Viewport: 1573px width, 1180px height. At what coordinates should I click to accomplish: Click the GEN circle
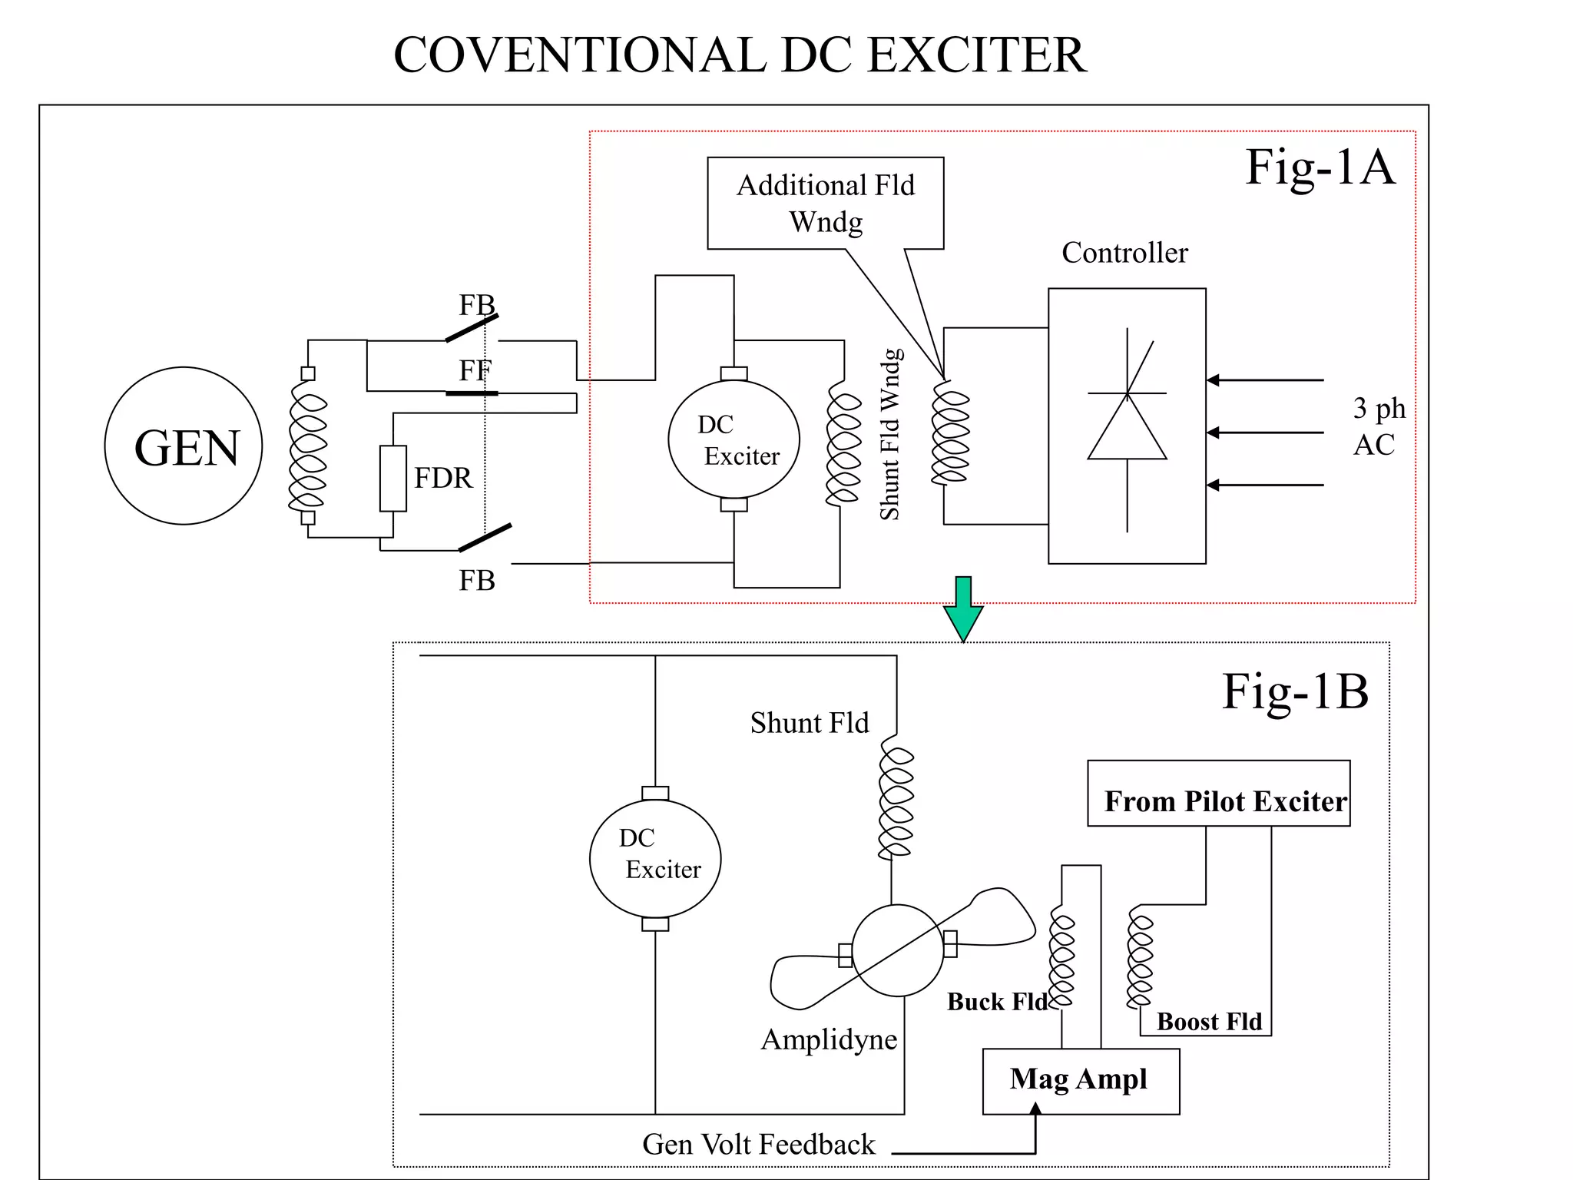183,446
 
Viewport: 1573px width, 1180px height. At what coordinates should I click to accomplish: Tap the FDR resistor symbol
392,478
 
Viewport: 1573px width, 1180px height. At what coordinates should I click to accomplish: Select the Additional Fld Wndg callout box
825,203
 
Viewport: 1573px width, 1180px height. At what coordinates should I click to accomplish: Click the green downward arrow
962,608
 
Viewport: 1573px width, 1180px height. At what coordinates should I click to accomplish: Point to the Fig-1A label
1319,167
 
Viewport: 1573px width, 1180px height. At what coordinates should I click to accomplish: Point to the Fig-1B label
1295,691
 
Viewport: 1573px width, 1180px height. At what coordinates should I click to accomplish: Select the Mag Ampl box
1080,1079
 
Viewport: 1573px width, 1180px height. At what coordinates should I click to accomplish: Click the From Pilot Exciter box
1218,794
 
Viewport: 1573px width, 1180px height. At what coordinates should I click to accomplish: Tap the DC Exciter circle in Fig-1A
734,439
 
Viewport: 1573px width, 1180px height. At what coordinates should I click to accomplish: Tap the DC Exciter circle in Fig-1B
655,859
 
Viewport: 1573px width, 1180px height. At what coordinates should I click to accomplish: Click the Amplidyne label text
829,1039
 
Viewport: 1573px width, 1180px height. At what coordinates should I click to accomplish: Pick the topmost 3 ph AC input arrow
1264,380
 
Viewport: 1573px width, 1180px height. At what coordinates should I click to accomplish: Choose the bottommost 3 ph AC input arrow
1264,485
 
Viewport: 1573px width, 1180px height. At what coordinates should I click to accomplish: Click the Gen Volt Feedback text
758,1145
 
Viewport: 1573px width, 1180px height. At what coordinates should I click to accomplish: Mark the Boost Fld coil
1140,960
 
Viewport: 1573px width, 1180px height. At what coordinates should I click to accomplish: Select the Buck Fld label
996,1002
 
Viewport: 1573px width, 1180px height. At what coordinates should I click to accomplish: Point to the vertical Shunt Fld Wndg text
889,435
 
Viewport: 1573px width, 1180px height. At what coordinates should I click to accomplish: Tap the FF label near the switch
475,371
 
